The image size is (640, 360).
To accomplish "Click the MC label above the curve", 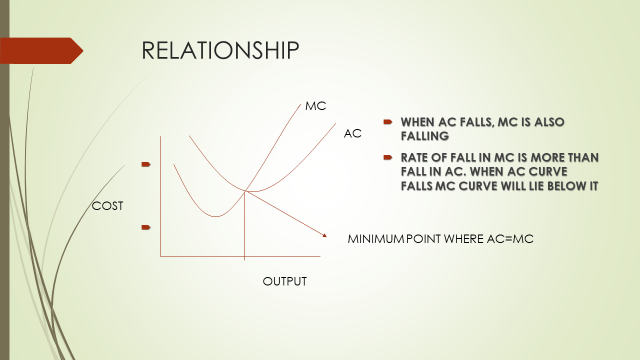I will tap(315, 105).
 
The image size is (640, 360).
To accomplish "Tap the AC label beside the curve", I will tap(352, 132).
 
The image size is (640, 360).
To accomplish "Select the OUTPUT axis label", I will tap(285, 281).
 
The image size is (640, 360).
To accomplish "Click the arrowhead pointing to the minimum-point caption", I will tap(324, 235).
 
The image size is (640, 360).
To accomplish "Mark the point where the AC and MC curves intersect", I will tap(246, 190).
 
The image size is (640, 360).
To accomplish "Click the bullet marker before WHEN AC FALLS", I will tap(387, 121).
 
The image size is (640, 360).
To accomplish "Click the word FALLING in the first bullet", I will tap(424, 134).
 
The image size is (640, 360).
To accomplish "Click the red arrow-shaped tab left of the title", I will tap(40, 50).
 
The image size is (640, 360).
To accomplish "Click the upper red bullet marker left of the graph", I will tap(146, 162).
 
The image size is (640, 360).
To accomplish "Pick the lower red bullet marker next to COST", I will tap(146, 227).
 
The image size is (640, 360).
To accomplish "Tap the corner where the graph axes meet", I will tap(161, 257).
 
